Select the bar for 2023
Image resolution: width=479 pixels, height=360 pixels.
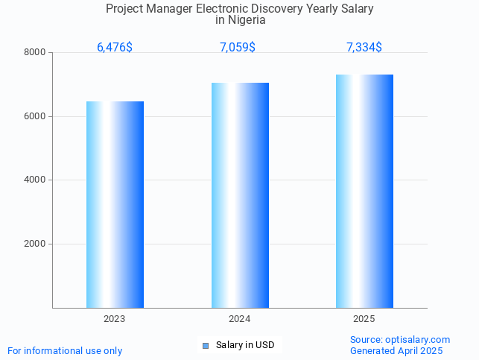[x=115, y=204]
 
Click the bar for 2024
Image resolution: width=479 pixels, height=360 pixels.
[x=240, y=195]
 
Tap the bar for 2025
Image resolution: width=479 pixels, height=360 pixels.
[x=364, y=191]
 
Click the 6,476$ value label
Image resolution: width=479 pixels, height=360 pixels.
[x=115, y=48]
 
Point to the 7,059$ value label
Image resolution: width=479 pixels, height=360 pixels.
[x=238, y=48]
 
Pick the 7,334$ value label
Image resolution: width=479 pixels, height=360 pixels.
[x=364, y=48]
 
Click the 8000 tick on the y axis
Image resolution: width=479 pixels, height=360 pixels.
[x=35, y=53]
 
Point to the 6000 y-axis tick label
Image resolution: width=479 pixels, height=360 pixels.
[x=35, y=116]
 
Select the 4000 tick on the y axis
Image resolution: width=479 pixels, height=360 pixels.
[x=35, y=180]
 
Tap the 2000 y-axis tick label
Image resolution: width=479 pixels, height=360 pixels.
[x=35, y=244]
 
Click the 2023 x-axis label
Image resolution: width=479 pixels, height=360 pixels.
[x=115, y=319]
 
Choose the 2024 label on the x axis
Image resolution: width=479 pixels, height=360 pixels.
[x=239, y=319]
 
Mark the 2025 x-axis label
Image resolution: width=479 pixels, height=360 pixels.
[x=364, y=319]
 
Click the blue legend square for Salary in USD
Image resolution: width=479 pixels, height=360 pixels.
[x=206, y=345]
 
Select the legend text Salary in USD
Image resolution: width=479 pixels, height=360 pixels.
[x=245, y=345]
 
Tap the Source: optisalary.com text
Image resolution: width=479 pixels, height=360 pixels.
[x=400, y=340]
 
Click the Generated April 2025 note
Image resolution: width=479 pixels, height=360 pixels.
[x=396, y=351]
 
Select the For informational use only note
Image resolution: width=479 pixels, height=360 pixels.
[x=65, y=351]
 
